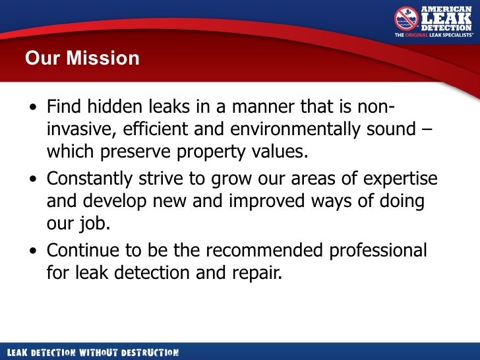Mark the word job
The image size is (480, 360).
pyautogui.click(x=93, y=223)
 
